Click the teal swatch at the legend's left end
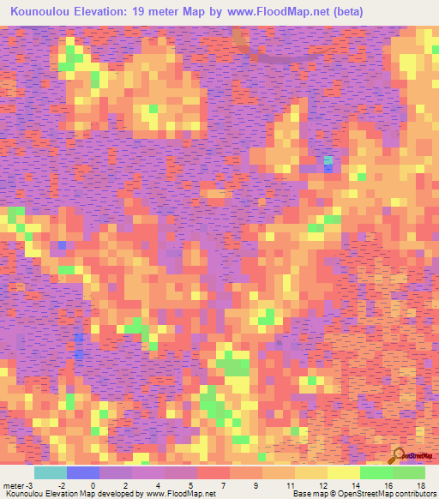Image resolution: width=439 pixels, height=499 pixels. click(x=50, y=472)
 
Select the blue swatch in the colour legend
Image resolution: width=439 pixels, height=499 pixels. click(x=82, y=472)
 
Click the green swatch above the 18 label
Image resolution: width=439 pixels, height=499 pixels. click(x=409, y=472)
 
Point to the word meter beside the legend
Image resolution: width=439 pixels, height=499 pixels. click(x=15, y=485)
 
